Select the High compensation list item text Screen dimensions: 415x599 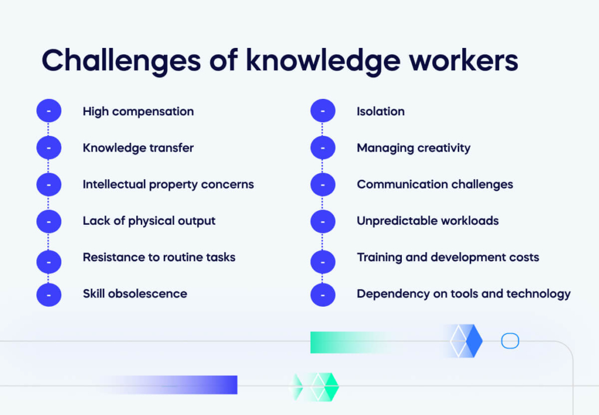coord(138,111)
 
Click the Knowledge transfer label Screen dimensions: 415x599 coord(138,148)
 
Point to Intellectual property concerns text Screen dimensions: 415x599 coord(168,184)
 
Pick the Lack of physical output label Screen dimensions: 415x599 coord(149,221)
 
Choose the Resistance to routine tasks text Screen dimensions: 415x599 coord(159,257)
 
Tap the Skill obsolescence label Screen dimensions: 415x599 coord(135,294)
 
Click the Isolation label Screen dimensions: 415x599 coord(380,111)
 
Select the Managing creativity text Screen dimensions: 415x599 coord(413,148)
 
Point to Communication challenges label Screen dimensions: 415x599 coord(435,184)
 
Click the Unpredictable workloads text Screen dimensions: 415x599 coord(428,221)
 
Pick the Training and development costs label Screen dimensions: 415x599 coord(447,257)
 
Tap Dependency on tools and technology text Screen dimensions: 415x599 coord(463,294)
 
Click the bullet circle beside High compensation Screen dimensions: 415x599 coord(49,111)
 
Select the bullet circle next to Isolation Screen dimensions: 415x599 coord(323,111)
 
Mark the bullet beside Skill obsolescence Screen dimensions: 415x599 coord(49,294)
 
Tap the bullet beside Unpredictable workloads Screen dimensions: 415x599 coord(323,221)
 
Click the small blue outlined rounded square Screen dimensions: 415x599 coord(510,341)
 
